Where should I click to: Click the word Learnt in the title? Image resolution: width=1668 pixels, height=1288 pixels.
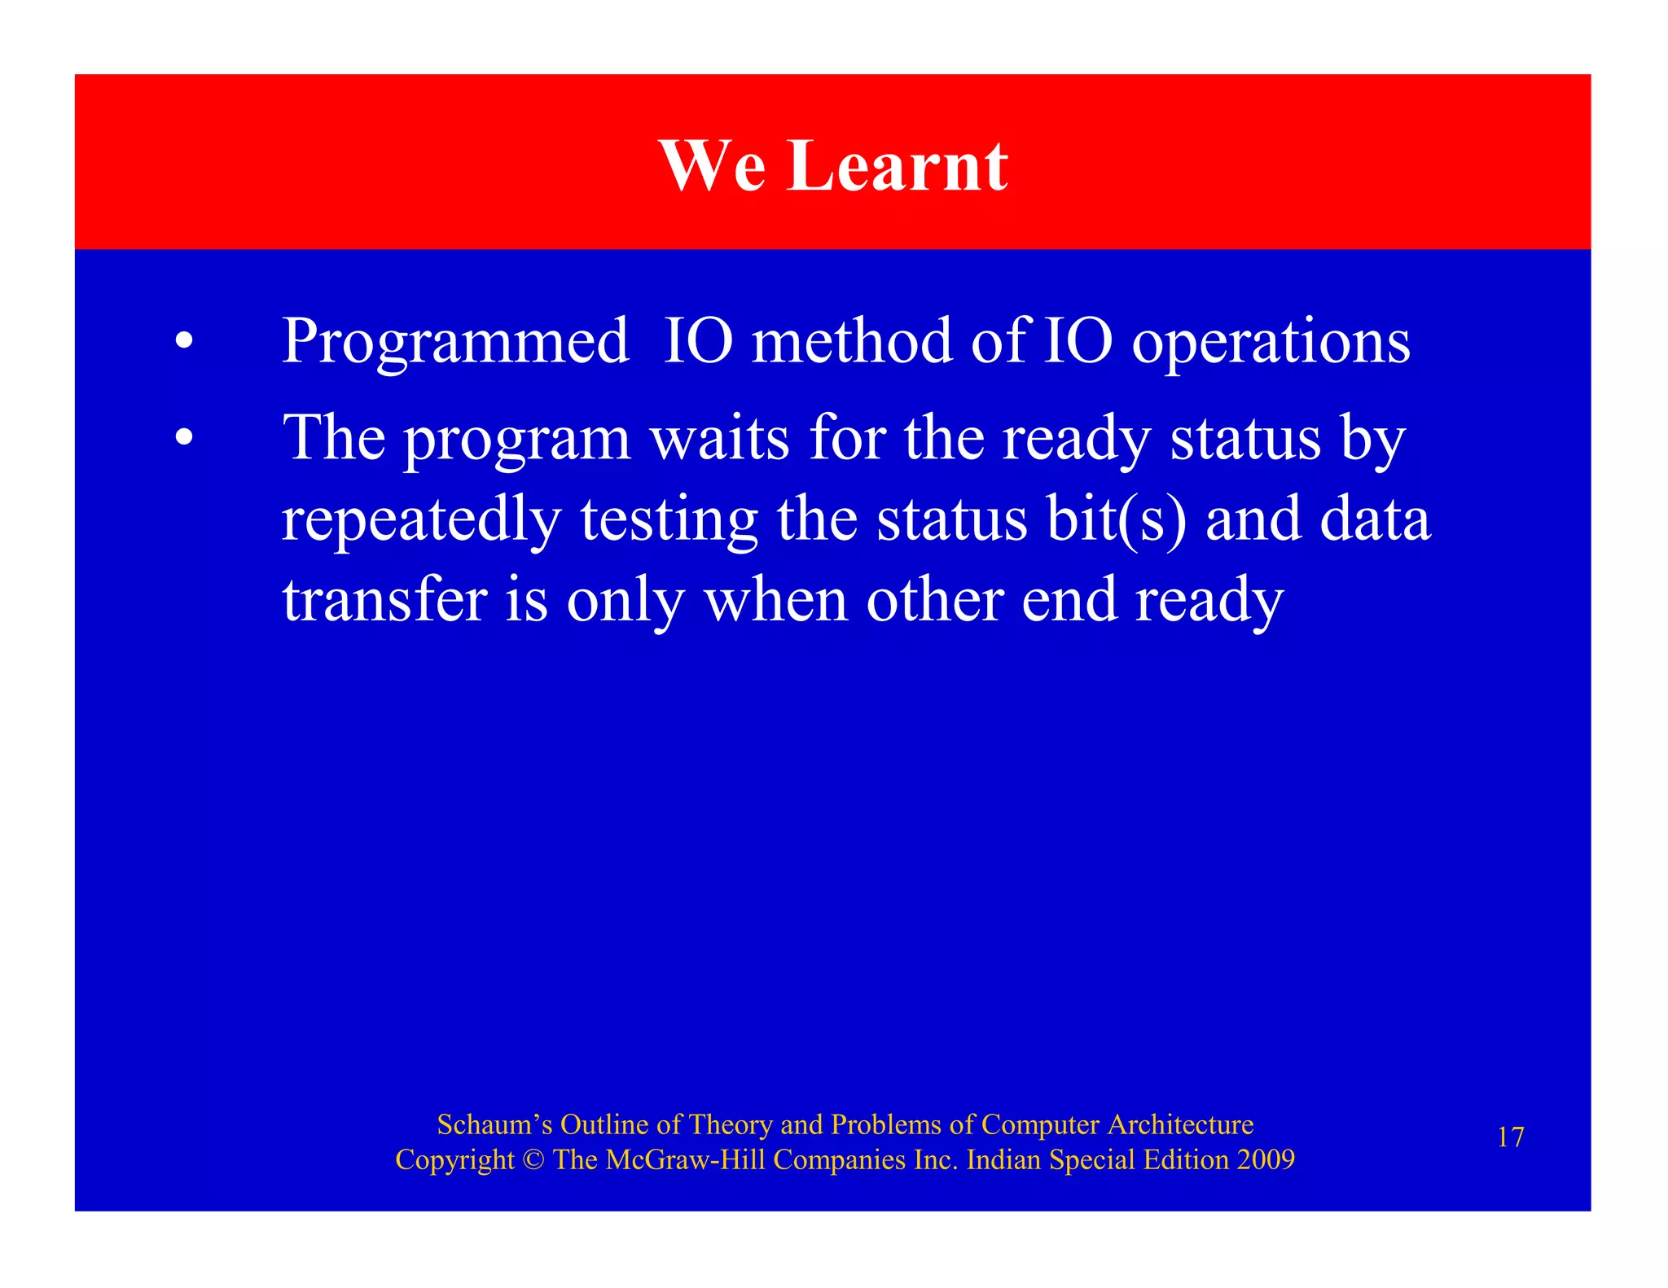pyautogui.click(x=897, y=166)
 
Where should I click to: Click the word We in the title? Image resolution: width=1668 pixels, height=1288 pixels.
pyautogui.click(x=712, y=166)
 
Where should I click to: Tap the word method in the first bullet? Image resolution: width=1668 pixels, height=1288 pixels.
pyautogui.click(x=851, y=340)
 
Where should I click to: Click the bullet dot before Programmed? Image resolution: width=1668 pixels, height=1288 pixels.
pyautogui.click(x=185, y=341)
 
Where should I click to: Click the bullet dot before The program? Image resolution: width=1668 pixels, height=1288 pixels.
pyautogui.click(x=185, y=438)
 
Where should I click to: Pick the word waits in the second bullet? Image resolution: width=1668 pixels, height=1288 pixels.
pyautogui.click(x=719, y=438)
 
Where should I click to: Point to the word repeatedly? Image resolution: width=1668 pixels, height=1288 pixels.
pyautogui.click(x=421, y=521)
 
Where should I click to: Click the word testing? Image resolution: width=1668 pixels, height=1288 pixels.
pyautogui.click(x=669, y=521)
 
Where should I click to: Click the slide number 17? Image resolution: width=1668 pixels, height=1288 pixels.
pyautogui.click(x=1510, y=1137)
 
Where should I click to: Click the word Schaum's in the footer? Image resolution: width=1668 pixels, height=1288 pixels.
pyautogui.click(x=494, y=1124)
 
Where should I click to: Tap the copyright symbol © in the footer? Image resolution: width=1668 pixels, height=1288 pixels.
pyautogui.click(x=533, y=1159)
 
